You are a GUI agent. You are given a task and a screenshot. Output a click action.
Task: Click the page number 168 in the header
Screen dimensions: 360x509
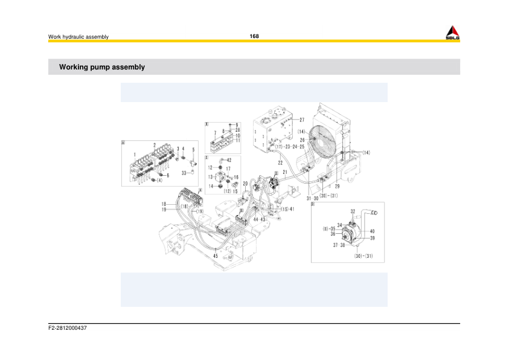[x=254, y=36]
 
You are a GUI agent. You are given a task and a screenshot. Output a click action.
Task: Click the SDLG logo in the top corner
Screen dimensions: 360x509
[x=452, y=33]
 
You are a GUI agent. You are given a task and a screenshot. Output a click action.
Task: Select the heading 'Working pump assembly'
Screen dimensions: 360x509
[x=101, y=67]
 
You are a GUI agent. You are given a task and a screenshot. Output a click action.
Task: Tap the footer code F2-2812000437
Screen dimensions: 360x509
[x=68, y=328]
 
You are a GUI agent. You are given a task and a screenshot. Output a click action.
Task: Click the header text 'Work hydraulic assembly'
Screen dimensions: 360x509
[x=78, y=37]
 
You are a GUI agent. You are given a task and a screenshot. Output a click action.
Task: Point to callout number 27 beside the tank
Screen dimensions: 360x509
[x=301, y=120]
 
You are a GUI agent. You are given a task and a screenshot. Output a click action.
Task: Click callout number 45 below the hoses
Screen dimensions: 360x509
[x=215, y=256]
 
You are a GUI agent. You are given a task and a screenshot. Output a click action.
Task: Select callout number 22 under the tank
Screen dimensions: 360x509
[x=280, y=163]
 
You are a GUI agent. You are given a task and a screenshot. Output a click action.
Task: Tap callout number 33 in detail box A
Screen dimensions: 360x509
[x=183, y=173]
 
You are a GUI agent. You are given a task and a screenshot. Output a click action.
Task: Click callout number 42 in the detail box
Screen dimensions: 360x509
[x=228, y=160]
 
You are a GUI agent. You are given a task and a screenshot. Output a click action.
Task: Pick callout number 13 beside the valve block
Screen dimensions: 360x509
[x=211, y=177]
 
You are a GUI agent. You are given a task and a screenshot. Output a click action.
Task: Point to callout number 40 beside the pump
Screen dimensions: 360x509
[x=372, y=231]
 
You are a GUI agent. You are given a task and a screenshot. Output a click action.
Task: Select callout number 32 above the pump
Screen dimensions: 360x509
[x=353, y=211]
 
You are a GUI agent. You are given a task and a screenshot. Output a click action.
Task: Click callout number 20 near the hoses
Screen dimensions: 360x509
[x=245, y=184]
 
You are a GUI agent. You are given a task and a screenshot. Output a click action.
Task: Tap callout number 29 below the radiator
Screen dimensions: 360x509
[x=337, y=187]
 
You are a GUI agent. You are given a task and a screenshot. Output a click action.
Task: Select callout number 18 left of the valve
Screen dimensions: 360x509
[x=163, y=204]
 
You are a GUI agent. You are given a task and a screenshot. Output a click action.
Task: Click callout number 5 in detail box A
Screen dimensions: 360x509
[x=193, y=149]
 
